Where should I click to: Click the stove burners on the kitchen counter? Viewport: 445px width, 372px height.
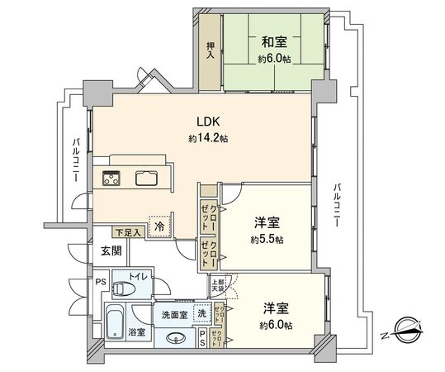[x=111, y=177]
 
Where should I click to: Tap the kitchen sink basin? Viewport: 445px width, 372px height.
[x=147, y=178]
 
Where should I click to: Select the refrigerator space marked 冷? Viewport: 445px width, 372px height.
[x=158, y=223]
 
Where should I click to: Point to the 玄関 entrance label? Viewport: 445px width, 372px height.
[x=111, y=251]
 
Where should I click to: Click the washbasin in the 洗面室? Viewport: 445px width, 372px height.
[x=176, y=337]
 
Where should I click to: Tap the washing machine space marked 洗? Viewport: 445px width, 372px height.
[x=201, y=313]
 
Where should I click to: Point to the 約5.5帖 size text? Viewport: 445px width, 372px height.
[x=267, y=240]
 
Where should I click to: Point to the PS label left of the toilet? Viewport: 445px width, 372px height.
[x=101, y=282]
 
